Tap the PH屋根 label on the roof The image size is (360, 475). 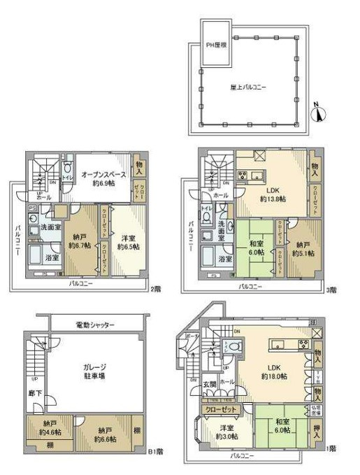coord(217,44)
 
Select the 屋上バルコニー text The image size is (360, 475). coord(251,87)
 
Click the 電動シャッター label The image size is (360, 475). coord(94,325)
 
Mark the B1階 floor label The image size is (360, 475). coord(158,451)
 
